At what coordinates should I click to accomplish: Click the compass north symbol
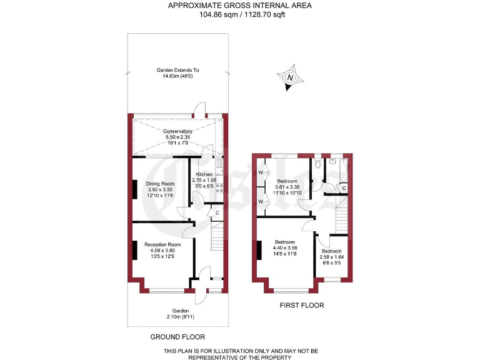coord(291,78)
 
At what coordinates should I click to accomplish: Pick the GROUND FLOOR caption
coord(177,337)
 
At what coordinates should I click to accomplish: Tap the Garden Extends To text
coord(177,71)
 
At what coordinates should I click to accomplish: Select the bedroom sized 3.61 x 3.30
coord(287,186)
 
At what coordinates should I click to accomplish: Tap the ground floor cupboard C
coord(217,212)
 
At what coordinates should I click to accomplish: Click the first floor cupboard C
coord(344,187)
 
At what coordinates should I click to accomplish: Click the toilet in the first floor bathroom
coord(319,164)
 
